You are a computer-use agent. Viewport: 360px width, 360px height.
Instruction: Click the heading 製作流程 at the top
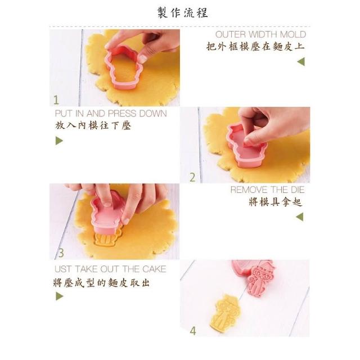(183, 12)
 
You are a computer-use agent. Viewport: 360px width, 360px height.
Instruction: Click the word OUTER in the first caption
(231, 35)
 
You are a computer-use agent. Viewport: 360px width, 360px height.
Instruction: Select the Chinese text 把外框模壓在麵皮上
(255, 47)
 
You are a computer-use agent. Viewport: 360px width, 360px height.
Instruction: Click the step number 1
(56, 100)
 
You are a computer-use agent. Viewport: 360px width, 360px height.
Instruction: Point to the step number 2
(192, 177)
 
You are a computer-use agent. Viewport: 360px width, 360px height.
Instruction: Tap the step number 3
(61, 253)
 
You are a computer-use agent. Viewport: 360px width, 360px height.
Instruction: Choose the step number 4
(193, 331)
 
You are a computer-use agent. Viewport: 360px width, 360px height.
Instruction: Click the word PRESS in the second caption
(123, 114)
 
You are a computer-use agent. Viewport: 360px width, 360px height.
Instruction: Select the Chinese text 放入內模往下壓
(93, 125)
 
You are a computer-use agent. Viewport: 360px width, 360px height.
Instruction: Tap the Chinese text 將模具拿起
(276, 202)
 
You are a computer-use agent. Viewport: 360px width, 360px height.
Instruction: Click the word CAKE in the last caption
(154, 269)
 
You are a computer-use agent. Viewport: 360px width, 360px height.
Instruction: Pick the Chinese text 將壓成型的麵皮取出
(101, 283)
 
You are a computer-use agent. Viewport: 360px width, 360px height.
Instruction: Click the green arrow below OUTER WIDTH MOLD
(301, 61)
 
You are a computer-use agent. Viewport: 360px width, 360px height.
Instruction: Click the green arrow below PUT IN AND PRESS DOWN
(59, 141)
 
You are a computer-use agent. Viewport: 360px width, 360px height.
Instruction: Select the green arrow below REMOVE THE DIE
(300, 217)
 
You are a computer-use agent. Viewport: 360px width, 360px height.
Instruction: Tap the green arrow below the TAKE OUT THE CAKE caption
(59, 296)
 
